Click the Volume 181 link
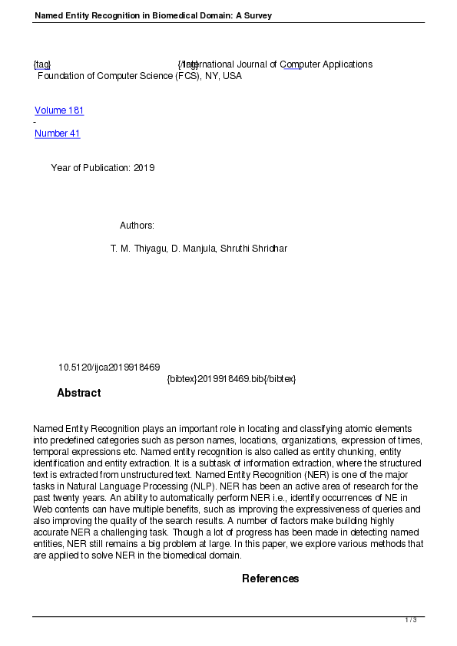pos(59,110)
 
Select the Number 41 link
pos(58,133)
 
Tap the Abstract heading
pos(78,393)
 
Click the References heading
pos(270,578)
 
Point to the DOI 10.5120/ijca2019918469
pos(109,367)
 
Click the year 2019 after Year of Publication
pos(144,168)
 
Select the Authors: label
pos(137,225)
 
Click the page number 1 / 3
pos(411,620)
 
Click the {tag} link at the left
pos(42,64)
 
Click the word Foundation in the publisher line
pos(61,76)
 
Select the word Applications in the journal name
pos(346,64)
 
